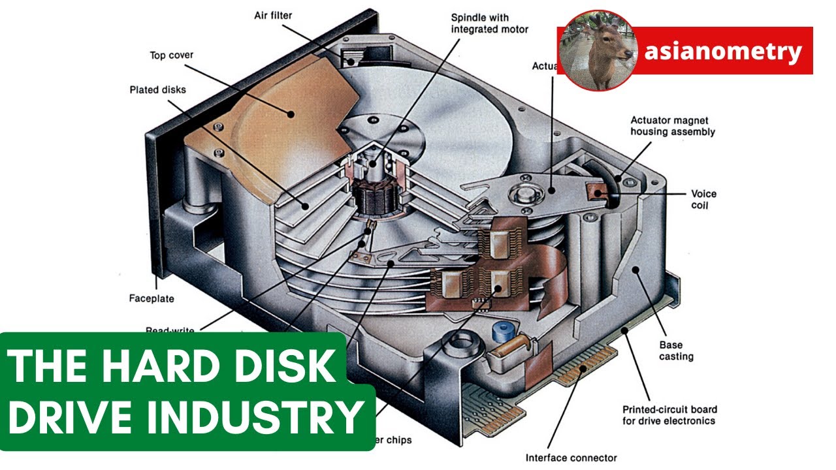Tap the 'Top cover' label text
[171, 55]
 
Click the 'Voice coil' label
[703, 200]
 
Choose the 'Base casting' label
[675, 351]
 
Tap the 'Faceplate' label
[152, 299]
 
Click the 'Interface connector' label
[571, 458]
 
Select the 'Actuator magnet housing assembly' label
[672, 126]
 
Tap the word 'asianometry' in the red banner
[722, 52]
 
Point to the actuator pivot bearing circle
[524, 193]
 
